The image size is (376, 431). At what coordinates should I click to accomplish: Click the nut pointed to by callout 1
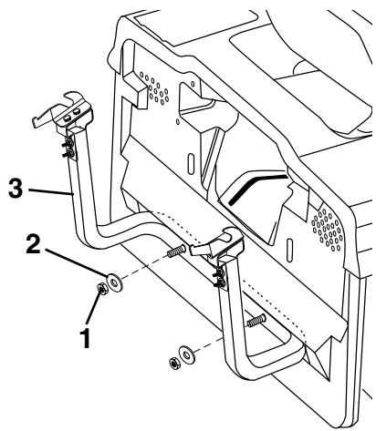[x=103, y=292]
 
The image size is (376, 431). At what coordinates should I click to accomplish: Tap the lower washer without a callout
[x=186, y=352]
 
